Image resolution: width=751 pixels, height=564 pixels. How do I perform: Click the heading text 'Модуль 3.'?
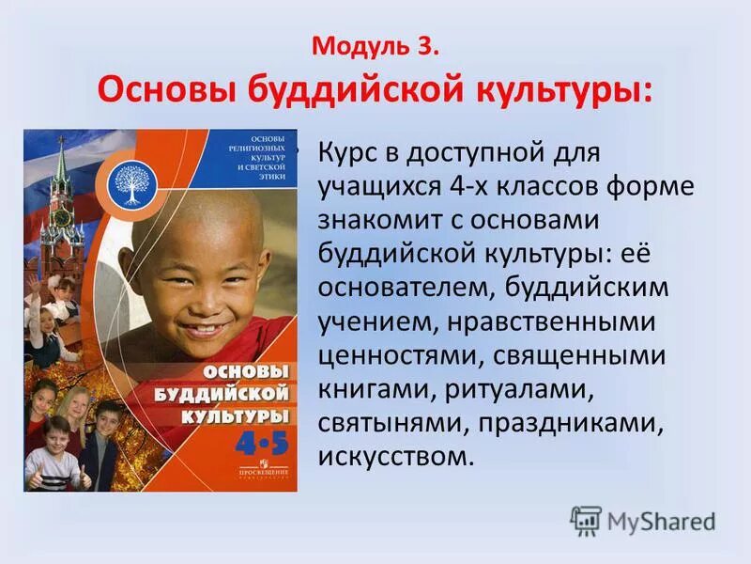(375, 46)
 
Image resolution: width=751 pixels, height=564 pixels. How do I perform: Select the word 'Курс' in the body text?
(352, 151)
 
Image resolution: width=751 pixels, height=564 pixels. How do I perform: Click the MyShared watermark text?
(662, 522)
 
